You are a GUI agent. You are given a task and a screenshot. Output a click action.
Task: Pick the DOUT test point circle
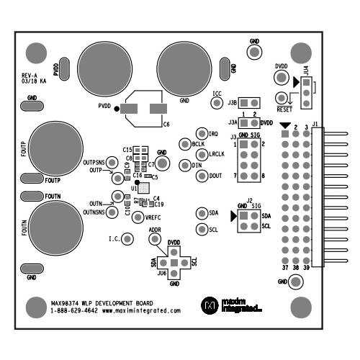202,175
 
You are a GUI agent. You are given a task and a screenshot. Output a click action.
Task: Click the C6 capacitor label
166,125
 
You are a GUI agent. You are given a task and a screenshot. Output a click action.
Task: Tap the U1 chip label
134,188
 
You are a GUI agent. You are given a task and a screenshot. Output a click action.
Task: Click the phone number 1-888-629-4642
74,311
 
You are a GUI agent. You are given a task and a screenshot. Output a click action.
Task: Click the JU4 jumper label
306,71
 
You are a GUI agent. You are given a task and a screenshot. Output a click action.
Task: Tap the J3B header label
233,103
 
